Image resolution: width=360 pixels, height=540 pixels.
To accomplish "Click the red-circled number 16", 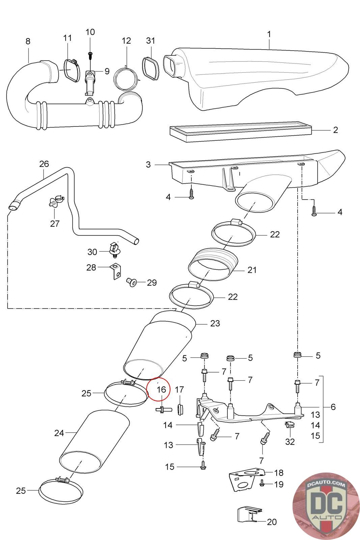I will click(161, 389).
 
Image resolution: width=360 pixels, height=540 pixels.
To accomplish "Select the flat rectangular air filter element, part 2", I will click(241, 133).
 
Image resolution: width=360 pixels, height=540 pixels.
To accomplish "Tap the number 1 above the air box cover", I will click(269, 34).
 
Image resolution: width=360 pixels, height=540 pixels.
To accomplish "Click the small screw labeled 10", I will click(90, 54).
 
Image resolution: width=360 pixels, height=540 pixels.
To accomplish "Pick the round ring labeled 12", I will click(126, 79).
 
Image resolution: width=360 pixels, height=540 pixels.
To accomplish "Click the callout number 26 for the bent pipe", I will click(44, 164).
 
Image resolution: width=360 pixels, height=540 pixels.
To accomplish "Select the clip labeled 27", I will click(54, 202).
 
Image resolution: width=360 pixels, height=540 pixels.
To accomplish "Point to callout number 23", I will click(215, 323).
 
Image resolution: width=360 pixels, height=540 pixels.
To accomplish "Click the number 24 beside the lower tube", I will click(59, 433).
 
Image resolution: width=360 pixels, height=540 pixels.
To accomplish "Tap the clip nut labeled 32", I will click(289, 426).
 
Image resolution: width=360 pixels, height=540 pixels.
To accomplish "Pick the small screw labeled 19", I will click(262, 484).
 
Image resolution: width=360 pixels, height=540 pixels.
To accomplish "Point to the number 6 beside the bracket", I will click(333, 407).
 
